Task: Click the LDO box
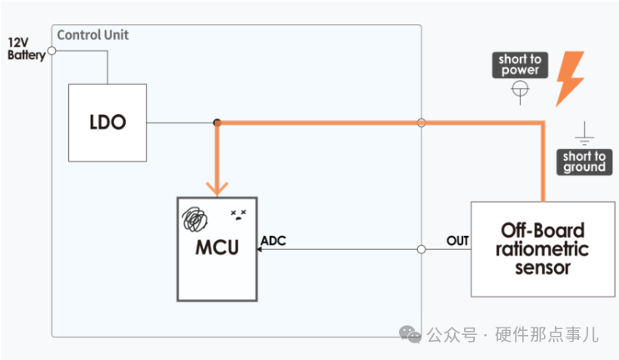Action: (x=107, y=122)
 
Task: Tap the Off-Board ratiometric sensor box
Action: (x=543, y=247)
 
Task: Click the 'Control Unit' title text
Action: (x=92, y=35)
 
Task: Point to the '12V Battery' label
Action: (x=23, y=48)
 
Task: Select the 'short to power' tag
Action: (x=520, y=65)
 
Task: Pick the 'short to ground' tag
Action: (x=583, y=162)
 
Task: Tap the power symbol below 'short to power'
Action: (x=520, y=90)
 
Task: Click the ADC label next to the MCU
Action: (x=275, y=241)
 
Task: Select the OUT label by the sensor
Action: (x=457, y=241)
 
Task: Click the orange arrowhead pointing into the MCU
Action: (x=217, y=188)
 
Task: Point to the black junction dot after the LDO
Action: (x=217, y=122)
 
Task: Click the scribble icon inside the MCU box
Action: (x=196, y=218)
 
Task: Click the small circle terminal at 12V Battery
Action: (x=52, y=50)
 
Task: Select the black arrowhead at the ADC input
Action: (x=261, y=249)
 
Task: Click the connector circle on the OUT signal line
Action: (x=422, y=249)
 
